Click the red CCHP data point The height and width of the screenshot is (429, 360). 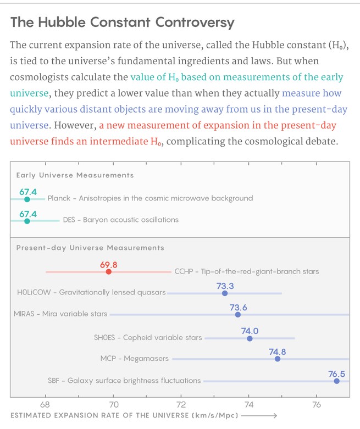[x=109, y=272]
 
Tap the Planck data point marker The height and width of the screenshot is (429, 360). [x=27, y=199]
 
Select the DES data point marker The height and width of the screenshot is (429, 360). [x=27, y=221]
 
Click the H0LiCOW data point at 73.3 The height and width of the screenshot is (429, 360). [x=225, y=293]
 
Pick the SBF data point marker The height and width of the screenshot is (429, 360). [x=337, y=381]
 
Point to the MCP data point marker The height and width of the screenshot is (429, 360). [x=278, y=359]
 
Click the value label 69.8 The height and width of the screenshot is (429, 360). [x=108, y=265]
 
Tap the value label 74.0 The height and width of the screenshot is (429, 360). [x=250, y=331]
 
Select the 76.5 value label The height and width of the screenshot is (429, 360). [x=337, y=374]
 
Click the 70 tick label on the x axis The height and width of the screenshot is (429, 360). [x=113, y=404]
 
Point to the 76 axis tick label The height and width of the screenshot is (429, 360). [x=317, y=404]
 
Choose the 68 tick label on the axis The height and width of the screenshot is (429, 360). [x=45, y=404]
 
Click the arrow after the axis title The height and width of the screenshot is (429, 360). [x=259, y=416]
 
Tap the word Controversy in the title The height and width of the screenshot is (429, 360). [x=195, y=23]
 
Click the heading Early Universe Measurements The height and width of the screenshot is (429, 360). [x=75, y=175]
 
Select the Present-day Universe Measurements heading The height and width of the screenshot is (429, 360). [x=90, y=248]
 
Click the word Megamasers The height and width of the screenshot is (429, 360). [x=146, y=358]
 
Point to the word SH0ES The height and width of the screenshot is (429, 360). [x=104, y=337]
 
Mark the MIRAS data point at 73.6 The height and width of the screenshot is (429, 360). [x=238, y=315]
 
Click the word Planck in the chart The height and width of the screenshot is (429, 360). [x=59, y=198]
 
